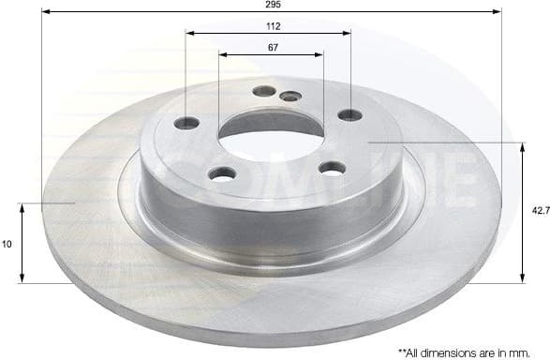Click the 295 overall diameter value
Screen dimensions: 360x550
tap(272, 5)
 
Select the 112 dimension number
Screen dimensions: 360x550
tap(272, 26)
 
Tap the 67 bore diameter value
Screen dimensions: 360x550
tap(272, 47)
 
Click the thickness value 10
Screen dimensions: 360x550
tap(7, 243)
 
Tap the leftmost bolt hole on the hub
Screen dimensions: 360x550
tap(187, 123)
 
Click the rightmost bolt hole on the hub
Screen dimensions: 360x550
tap(349, 115)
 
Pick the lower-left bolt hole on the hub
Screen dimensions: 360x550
tap(222, 173)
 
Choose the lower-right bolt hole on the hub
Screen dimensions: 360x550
tap(332, 168)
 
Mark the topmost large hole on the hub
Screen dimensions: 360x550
tap(264, 91)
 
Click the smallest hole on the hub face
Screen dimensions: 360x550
tap(290, 96)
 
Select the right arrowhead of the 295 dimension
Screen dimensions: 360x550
tap(498, 11)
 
